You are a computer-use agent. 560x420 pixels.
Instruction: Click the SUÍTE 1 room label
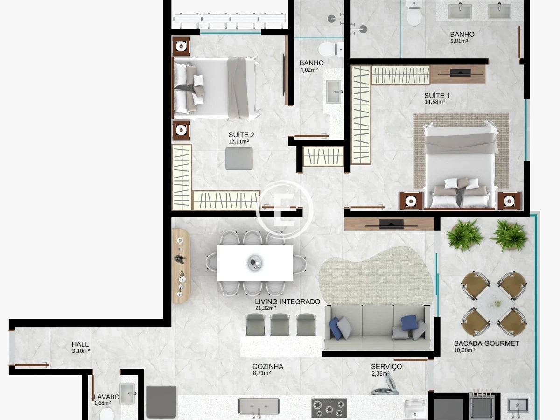tap(437, 96)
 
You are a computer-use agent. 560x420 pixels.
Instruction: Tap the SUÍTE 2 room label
tap(241, 135)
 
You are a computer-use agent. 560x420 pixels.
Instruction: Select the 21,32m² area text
tap(266, 308)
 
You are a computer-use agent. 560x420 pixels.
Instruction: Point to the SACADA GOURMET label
tap(487, 343)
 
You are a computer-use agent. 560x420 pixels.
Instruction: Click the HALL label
tap(80, 344)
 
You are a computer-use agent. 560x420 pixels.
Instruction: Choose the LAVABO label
tap(107, 397)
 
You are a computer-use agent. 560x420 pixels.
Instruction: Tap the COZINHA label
tap(268, 367)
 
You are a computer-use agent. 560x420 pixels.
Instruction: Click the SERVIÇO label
tap(386, 367)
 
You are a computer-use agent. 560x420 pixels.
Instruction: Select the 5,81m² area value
tap(459, 41)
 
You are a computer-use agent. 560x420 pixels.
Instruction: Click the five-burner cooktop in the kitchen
tap(329, 408)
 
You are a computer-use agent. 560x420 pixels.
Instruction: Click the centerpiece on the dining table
tap(254, 263)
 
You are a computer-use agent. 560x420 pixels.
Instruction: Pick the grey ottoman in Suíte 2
tap(239, 159)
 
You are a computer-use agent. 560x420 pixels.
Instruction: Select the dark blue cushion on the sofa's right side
tap(409, 323)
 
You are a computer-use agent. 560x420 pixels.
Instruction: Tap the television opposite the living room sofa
tap(391, 224)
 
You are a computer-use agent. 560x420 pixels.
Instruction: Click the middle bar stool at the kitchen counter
tap(280, 325)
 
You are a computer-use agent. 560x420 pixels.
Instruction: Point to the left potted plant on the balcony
tap(465, 236)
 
